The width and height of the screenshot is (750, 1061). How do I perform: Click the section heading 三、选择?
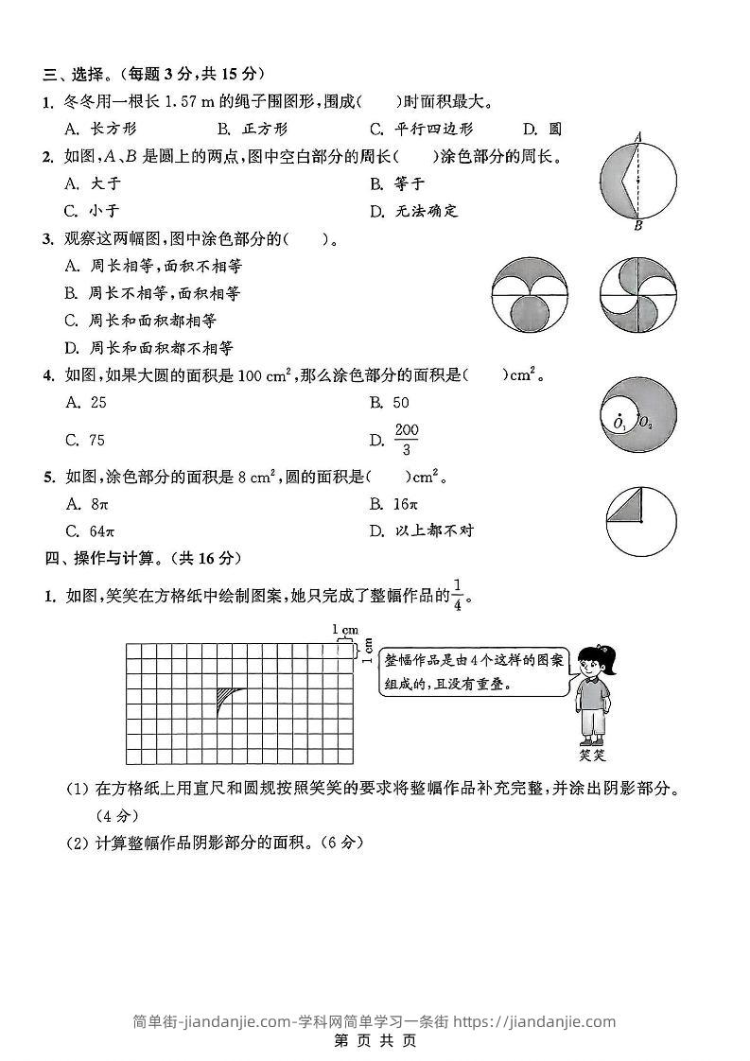point(77,73)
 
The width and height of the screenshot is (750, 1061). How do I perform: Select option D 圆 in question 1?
point(543,129)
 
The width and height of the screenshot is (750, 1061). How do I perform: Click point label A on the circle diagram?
point(638,136)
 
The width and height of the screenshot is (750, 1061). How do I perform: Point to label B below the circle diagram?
point(638,226)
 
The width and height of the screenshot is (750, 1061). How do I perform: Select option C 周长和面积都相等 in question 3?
point(141,321)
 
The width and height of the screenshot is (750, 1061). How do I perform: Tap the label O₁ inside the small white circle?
point(619,425)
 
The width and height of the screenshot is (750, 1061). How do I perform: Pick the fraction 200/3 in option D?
point(406,440)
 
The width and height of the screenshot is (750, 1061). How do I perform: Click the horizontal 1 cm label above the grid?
point(345,629)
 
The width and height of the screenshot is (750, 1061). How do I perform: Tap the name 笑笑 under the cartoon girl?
point(592,756)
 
